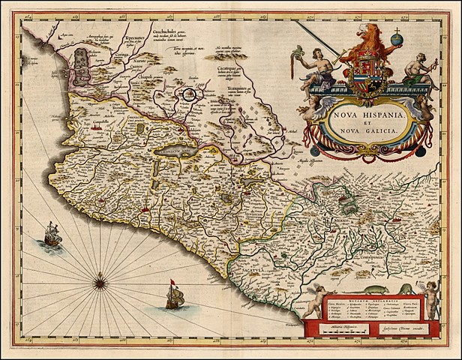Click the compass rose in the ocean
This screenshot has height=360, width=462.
(x=100, y=282)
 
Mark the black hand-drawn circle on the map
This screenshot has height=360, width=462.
(x=190, y=95)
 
